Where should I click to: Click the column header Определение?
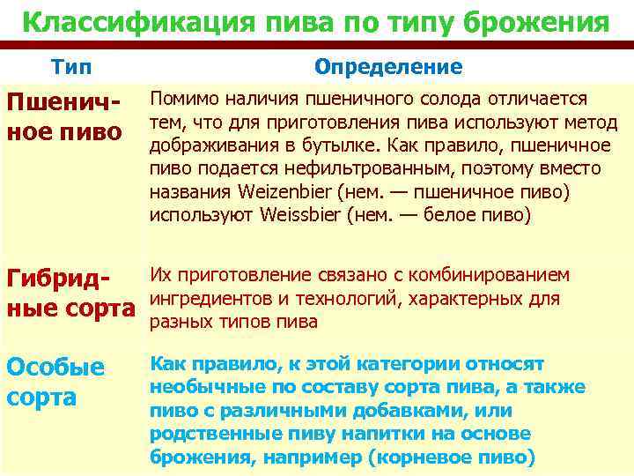(x=387, y=68)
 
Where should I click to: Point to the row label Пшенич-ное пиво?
(x=63, y=117)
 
